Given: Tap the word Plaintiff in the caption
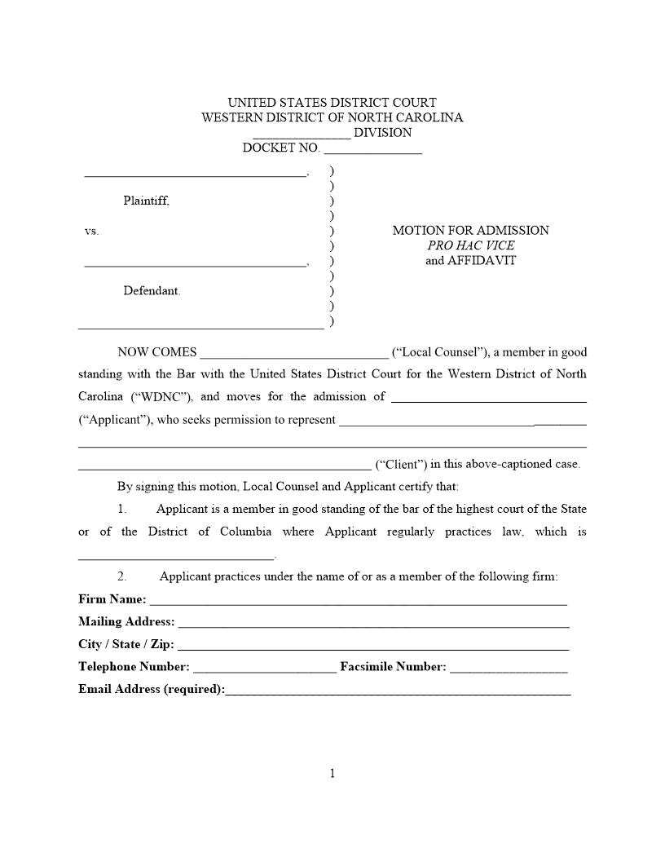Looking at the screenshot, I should pos(147,201).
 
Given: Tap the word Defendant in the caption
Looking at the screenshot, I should pos(152,291).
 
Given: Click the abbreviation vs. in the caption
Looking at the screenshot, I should pos(91,232).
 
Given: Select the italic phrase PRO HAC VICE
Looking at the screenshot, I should pos(470,245).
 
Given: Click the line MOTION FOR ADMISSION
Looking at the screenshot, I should pos(470,231).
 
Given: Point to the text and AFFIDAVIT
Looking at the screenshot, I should pos(470,261).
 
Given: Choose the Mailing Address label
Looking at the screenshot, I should pos(126,622).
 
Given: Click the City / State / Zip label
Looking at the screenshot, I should pos(126,644).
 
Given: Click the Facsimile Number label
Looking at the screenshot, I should pos(393,667).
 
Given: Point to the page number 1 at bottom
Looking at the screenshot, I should pos(332,774).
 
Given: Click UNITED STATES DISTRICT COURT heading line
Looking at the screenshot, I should pos(332,103).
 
